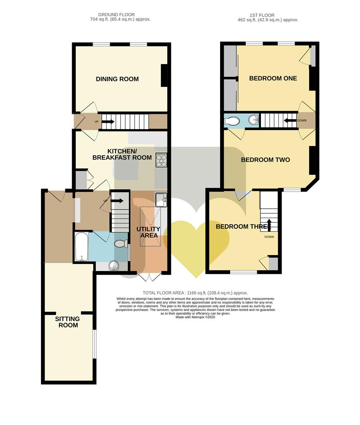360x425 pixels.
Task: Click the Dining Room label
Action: pos(117,79)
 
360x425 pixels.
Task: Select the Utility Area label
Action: pos(148,232)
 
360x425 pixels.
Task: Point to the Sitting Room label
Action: pos(67,322)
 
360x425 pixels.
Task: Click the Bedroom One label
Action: pos(273,78)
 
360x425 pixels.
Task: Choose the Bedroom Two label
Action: pos(265,160)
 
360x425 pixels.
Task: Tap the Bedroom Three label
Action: pos(243,227)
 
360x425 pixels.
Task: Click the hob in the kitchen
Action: pos(161,159)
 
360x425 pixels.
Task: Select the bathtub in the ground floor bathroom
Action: pos(81,247)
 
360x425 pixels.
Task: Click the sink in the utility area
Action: pos(161,200)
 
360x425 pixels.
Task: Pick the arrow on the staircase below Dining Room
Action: pos(108,122)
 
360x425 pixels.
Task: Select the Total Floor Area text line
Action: pos(195,293)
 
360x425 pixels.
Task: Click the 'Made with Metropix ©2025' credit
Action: pos(195,317)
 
